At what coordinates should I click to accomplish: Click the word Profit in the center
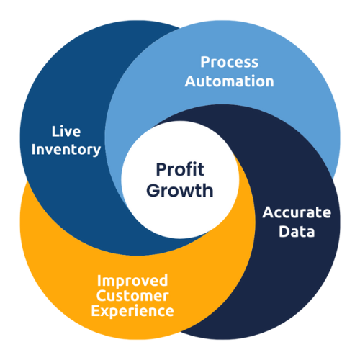tap(180, 169)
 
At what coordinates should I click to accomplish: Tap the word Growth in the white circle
tap(180, 191)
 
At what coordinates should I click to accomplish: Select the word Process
tap(230, 62)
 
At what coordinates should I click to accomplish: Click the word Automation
tap(230, 81)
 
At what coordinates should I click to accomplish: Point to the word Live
tap(66, 132)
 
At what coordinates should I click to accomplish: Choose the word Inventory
tap(66, 150)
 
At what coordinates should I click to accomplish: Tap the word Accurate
tap(297, 212)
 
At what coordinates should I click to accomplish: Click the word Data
tap(297, 231)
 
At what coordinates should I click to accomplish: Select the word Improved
tap(132, 281)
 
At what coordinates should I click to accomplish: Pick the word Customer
tap(132, 296)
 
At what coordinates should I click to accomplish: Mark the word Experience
tap(132, 311)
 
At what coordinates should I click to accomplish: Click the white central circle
tap(180, 180)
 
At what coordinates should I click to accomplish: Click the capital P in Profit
tap(161, 169)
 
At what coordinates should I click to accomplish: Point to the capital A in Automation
tap(190, 81)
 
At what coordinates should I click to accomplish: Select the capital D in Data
tap(284, 232)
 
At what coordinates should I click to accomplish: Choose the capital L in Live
tap(55, 132)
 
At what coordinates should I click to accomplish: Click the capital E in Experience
tap(95, 311)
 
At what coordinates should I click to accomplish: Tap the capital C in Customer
tap(102, 296)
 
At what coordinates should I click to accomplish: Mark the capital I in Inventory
tap(33, 149)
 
